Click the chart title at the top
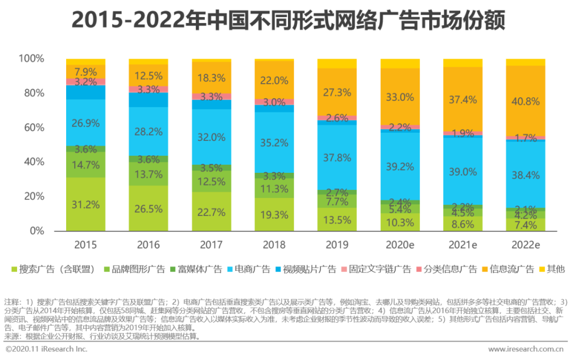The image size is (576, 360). pyautogui.click(x=288, y=21)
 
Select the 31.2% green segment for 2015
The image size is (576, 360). pyautogui.click(x=85, y=204)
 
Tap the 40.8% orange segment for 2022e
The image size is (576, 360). pyautogui.click(x=525, y=101)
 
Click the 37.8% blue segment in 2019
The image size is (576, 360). pyautogui.click(x=337, y=157)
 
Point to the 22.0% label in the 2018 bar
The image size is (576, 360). pyautogui.click(x=274, y=81)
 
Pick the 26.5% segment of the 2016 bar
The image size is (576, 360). pyautogui.click(x=148, y=209)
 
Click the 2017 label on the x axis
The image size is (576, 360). pyautogui.click(x=211, y=245)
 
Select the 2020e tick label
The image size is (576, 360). pyautogui.click(x=400, y=245)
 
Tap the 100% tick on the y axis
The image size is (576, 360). pyautogui.click(x=31, y=58)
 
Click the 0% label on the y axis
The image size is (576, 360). pyautogui.click(x=37, y=231)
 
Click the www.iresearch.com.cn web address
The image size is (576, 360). pyautogui.click(x=525, y=349)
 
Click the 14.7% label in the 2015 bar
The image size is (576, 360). pyautogui.click(x=85, y=165)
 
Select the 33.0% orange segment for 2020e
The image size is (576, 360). pyautogui.click(x=400, y=97)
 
